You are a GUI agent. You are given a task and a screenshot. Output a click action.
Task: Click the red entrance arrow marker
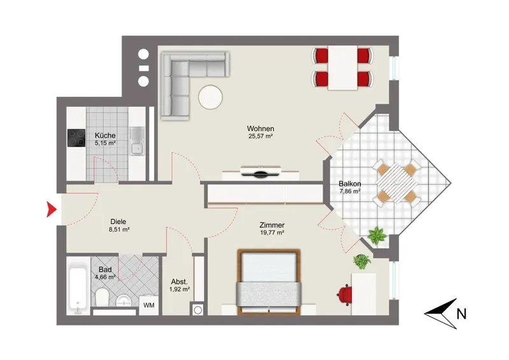[52, 209]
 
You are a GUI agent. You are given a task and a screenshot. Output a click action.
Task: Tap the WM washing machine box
[149, 305]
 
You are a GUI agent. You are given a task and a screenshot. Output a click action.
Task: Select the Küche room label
[105, 135]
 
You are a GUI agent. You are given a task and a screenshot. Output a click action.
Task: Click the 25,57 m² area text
[260, 136]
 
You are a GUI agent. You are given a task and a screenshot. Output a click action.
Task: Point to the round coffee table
[211, 97]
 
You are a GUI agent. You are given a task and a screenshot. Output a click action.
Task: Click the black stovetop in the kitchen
[76, 137]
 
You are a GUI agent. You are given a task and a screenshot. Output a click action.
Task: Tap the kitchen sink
[137, 140]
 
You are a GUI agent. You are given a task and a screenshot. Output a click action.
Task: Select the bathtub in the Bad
[78, 287]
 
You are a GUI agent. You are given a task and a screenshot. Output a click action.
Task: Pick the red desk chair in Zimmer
[345, 294]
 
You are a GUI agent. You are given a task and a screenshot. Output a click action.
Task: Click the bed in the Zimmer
[268, 282]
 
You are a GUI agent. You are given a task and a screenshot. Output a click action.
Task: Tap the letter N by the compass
[461, 314]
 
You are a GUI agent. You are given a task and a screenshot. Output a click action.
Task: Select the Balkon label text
[349, 184]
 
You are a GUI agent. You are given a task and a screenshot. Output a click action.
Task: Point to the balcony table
[397, 183]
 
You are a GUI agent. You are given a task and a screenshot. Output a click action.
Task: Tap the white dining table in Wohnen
[343, 68]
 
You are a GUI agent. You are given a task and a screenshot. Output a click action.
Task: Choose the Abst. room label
[179, 282]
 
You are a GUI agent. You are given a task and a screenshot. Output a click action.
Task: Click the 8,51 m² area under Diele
[119, 230]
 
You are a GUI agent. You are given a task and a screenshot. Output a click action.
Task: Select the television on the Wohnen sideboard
[261, 171]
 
